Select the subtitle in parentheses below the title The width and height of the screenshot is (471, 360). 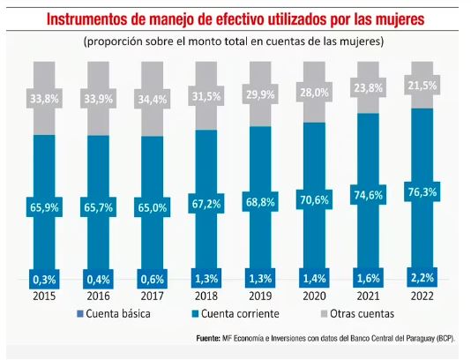tap(235, 41)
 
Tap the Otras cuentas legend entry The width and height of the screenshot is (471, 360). tap(351, 312)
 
